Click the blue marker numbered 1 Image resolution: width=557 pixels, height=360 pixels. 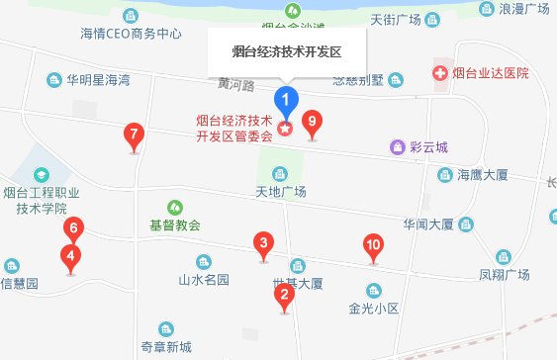click(x=286, y=100)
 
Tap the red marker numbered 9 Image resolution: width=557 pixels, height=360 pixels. click(x=313, y=123)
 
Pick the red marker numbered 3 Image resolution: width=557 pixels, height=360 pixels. click(x=263, y=243)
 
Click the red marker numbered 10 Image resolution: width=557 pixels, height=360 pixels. click(x=373, y=246)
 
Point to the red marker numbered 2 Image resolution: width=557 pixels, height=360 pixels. click(x=285, y=294)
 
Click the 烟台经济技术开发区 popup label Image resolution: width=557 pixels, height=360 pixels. click(x=286, y=47)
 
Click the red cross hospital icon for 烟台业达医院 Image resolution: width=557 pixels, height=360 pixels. click(x=438, y=73)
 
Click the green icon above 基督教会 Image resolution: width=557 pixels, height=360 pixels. click(x=174, y=207)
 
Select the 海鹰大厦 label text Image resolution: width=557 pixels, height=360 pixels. click(x=482, y=175)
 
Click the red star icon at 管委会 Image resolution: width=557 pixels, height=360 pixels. click(x=286, y=129)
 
